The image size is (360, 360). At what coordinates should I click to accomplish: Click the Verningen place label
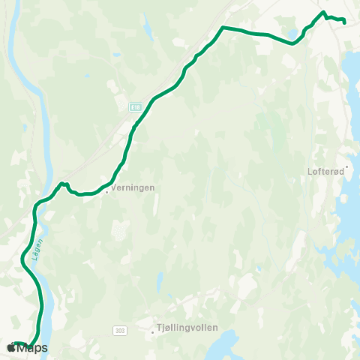click(133, 189)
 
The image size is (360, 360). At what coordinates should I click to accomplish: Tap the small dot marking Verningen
click(106, 190)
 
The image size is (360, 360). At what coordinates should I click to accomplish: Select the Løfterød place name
click(324, 169)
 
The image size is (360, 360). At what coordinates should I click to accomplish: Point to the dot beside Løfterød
click(347, 167)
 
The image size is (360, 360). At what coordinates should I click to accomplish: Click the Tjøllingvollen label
click(184, 328)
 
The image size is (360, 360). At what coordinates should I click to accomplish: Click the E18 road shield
click(134, 107)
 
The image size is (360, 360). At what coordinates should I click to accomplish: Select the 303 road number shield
click(120, 330)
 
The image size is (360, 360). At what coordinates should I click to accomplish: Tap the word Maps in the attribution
click(32, 348)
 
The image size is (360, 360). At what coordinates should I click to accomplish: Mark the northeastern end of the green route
click(343, 22)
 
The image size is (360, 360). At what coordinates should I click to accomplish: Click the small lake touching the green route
click(291, 34)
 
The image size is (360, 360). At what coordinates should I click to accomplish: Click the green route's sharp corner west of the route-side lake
click(223, 28)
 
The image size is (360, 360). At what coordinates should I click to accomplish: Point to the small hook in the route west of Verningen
click(64, 184)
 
